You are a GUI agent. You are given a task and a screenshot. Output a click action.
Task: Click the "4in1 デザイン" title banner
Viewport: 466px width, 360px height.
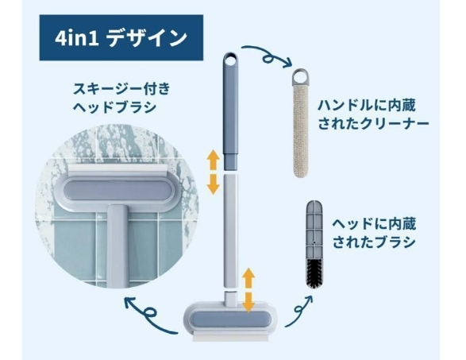point(121,38)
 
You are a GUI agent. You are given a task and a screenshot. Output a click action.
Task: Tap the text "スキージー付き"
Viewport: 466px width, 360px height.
point(122,89)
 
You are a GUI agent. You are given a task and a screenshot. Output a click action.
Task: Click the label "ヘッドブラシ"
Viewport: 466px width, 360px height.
point(115,107)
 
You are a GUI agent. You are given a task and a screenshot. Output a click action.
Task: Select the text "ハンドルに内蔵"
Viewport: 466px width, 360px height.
point(367,106)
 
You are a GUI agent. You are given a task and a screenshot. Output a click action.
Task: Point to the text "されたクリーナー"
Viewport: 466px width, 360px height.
point(374,123)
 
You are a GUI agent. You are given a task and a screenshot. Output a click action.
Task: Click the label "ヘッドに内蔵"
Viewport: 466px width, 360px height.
point(374,224)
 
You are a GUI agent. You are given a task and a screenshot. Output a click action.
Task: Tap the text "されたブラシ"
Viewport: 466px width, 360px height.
point(374,242)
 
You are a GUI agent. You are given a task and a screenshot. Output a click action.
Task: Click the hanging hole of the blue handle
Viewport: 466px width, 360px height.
point(230,61)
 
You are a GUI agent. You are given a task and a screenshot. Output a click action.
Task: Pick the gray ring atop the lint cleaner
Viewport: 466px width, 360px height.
point(301,76)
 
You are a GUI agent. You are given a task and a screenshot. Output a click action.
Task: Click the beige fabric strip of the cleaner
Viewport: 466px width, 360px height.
point(301,132)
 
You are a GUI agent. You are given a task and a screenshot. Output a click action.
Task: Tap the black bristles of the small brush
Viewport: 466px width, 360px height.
point(314,273)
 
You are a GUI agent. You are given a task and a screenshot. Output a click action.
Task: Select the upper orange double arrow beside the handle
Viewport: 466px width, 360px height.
point(213,172)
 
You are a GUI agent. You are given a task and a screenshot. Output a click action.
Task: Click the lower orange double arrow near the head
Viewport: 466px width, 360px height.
point(248,290)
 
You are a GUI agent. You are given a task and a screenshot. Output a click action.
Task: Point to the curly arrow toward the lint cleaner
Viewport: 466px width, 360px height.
point(267,57)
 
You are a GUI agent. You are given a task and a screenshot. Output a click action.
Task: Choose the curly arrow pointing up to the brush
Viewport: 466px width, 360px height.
point(299,311)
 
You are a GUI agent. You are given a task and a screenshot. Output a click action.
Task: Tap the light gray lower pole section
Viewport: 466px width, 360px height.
point(231,231)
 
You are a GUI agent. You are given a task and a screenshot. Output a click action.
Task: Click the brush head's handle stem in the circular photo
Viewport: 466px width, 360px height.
point(117,246)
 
